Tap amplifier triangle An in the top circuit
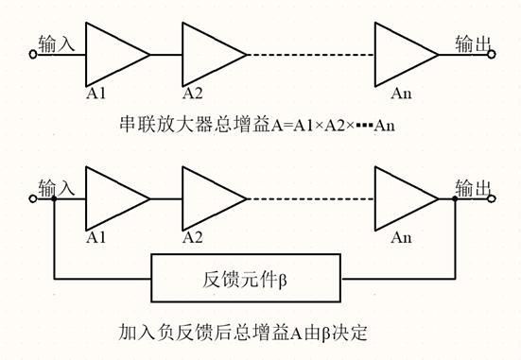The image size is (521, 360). click(401, 55)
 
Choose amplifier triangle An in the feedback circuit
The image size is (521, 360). click(401, 199)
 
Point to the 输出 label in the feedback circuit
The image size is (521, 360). click(472, 187)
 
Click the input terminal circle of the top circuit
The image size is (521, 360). click(34, 56)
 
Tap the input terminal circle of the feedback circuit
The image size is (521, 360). click(34, 199)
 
